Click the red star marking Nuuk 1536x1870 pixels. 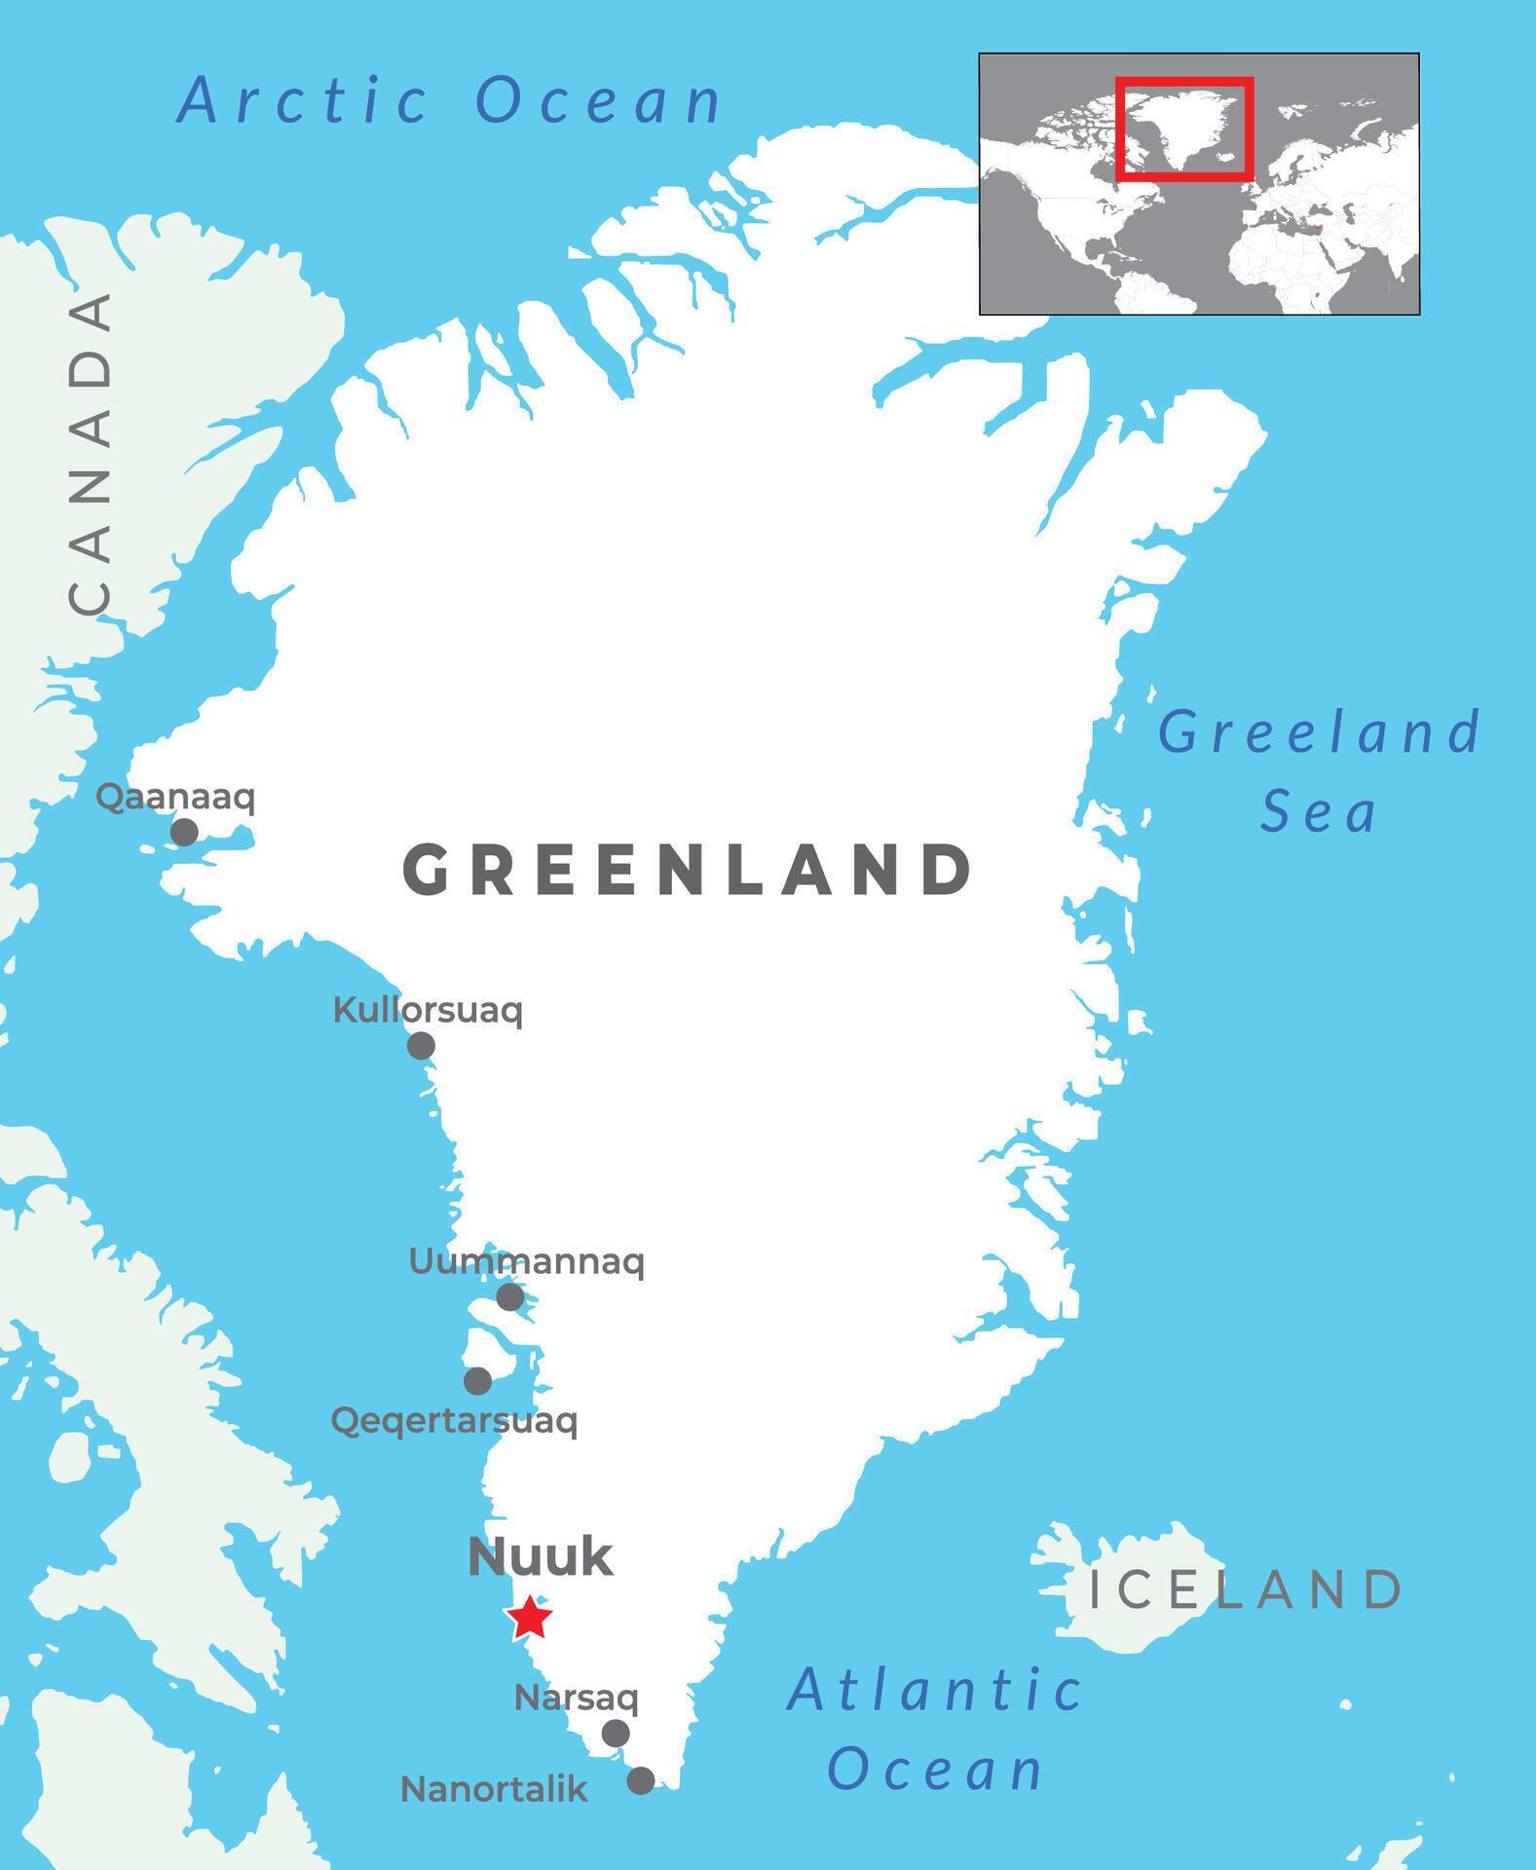(529, 1618)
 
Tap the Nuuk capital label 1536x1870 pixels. (541, 1556)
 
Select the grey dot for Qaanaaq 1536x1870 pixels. (184, 832)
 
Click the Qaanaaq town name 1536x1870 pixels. (175, 798)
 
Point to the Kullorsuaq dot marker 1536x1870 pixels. (421, 1046)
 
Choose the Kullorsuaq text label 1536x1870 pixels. (428, 1010)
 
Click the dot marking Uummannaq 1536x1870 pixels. (510, 1297)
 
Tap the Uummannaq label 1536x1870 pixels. (526, 1262)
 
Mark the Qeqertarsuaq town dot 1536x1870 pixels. (477, 1381)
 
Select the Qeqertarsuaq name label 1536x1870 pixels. (454, 1421)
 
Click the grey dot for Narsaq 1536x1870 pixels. (616, 1734)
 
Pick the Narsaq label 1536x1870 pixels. (577, 1699)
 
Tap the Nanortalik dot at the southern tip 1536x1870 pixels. (640, 1781)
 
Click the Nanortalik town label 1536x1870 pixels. (494, 1789)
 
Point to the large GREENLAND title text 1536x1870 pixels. (688, 870)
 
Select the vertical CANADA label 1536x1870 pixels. (90, 454)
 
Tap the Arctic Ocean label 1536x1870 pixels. (450, 100)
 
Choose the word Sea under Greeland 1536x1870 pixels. (1319, 812)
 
